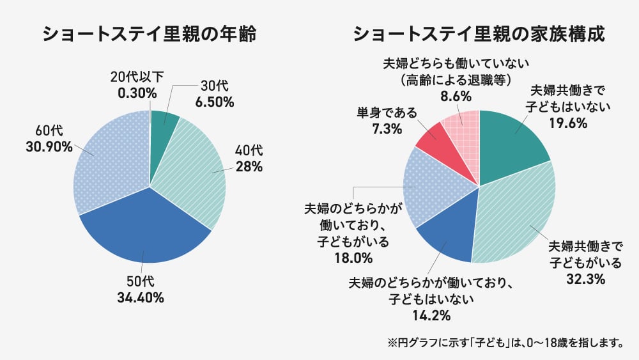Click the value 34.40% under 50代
click(141, 297)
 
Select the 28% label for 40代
click(249, 168)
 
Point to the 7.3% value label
click(386, 129)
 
